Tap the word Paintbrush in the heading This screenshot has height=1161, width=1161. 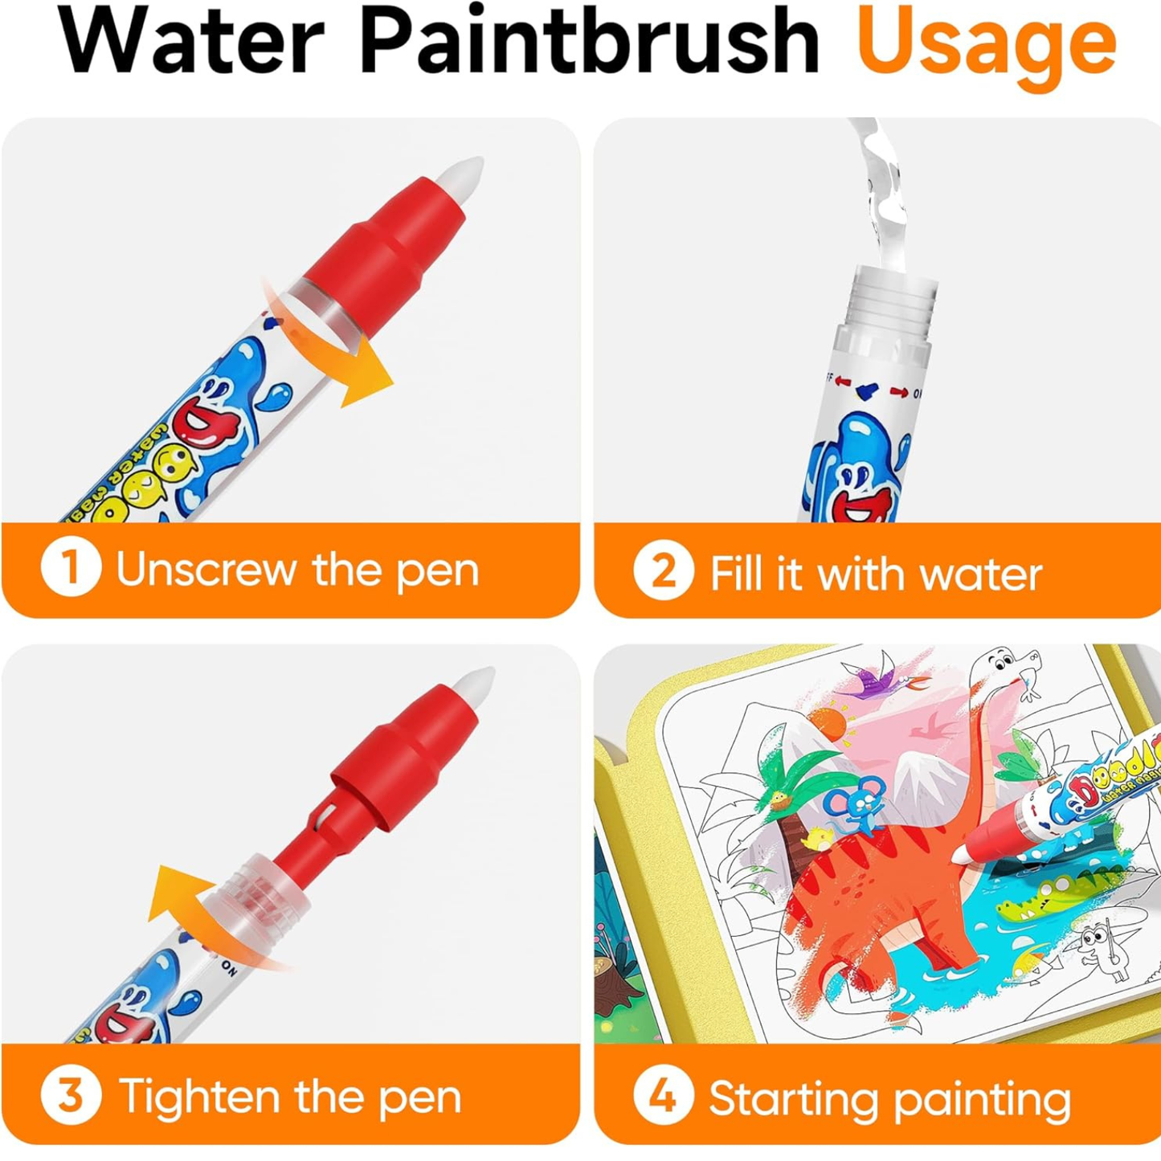(x=589, y=40)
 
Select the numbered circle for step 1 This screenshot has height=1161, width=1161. (x=71, y=568)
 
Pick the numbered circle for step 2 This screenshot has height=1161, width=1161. (x=663, y=570)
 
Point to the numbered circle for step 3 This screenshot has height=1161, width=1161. (x=71, y=1094)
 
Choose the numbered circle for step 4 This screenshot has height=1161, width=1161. (x=663, y=1094)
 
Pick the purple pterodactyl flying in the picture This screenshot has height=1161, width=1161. (x=880, y=683)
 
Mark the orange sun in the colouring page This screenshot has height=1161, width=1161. (x=828, y=723)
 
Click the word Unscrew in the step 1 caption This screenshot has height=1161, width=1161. (x=206, y=570)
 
